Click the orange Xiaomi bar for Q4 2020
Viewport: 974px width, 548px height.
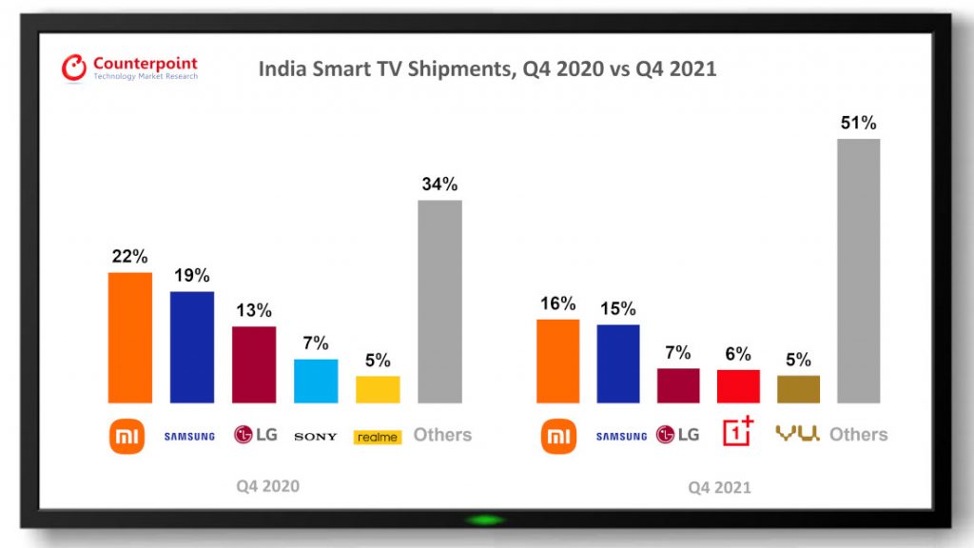click(130, 338)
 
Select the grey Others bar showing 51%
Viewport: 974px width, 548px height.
click(859, 271)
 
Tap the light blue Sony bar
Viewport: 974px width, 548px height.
click(316, 381)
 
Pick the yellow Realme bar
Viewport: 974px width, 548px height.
click(378, 389)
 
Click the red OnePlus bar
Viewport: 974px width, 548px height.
click(738, 386)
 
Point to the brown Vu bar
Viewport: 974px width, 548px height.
click(798, 389)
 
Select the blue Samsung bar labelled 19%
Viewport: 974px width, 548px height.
click(192, 347)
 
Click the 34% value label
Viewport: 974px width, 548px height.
click(439, 184)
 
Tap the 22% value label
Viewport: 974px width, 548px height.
click(129, 257)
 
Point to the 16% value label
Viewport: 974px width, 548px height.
click(557, 303)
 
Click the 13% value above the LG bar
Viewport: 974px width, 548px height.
click(254, 311)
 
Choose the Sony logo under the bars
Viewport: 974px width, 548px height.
click(316, 437)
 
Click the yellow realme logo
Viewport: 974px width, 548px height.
click(378, 437)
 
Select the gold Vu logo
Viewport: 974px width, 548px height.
click(797, 433)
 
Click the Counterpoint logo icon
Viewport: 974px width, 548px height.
click(74, 68)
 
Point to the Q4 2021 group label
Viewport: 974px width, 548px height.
click(719, 488)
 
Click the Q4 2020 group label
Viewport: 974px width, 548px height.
click(268, 486)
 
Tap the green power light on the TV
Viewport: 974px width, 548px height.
click(486, 519)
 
